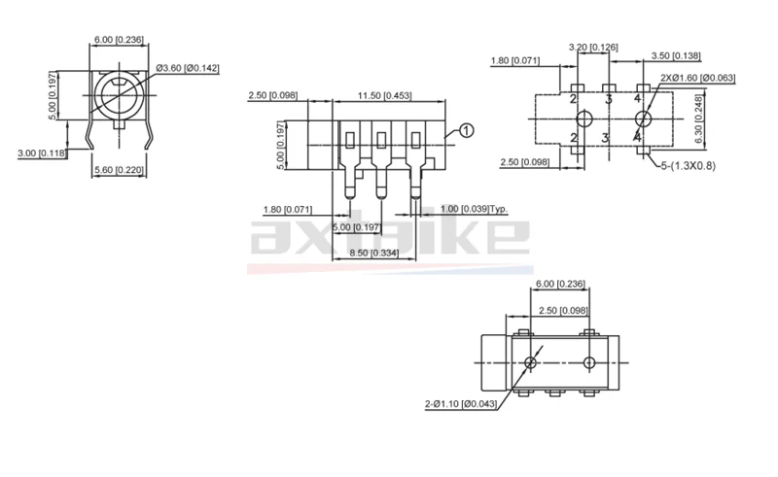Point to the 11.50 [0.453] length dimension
tap(384, 95)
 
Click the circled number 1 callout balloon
tap(466, 130)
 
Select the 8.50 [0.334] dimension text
tap(376, 255)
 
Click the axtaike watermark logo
tap(389, 236)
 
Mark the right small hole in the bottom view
tap(589, 362)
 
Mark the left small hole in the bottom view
tap(530, 362)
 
